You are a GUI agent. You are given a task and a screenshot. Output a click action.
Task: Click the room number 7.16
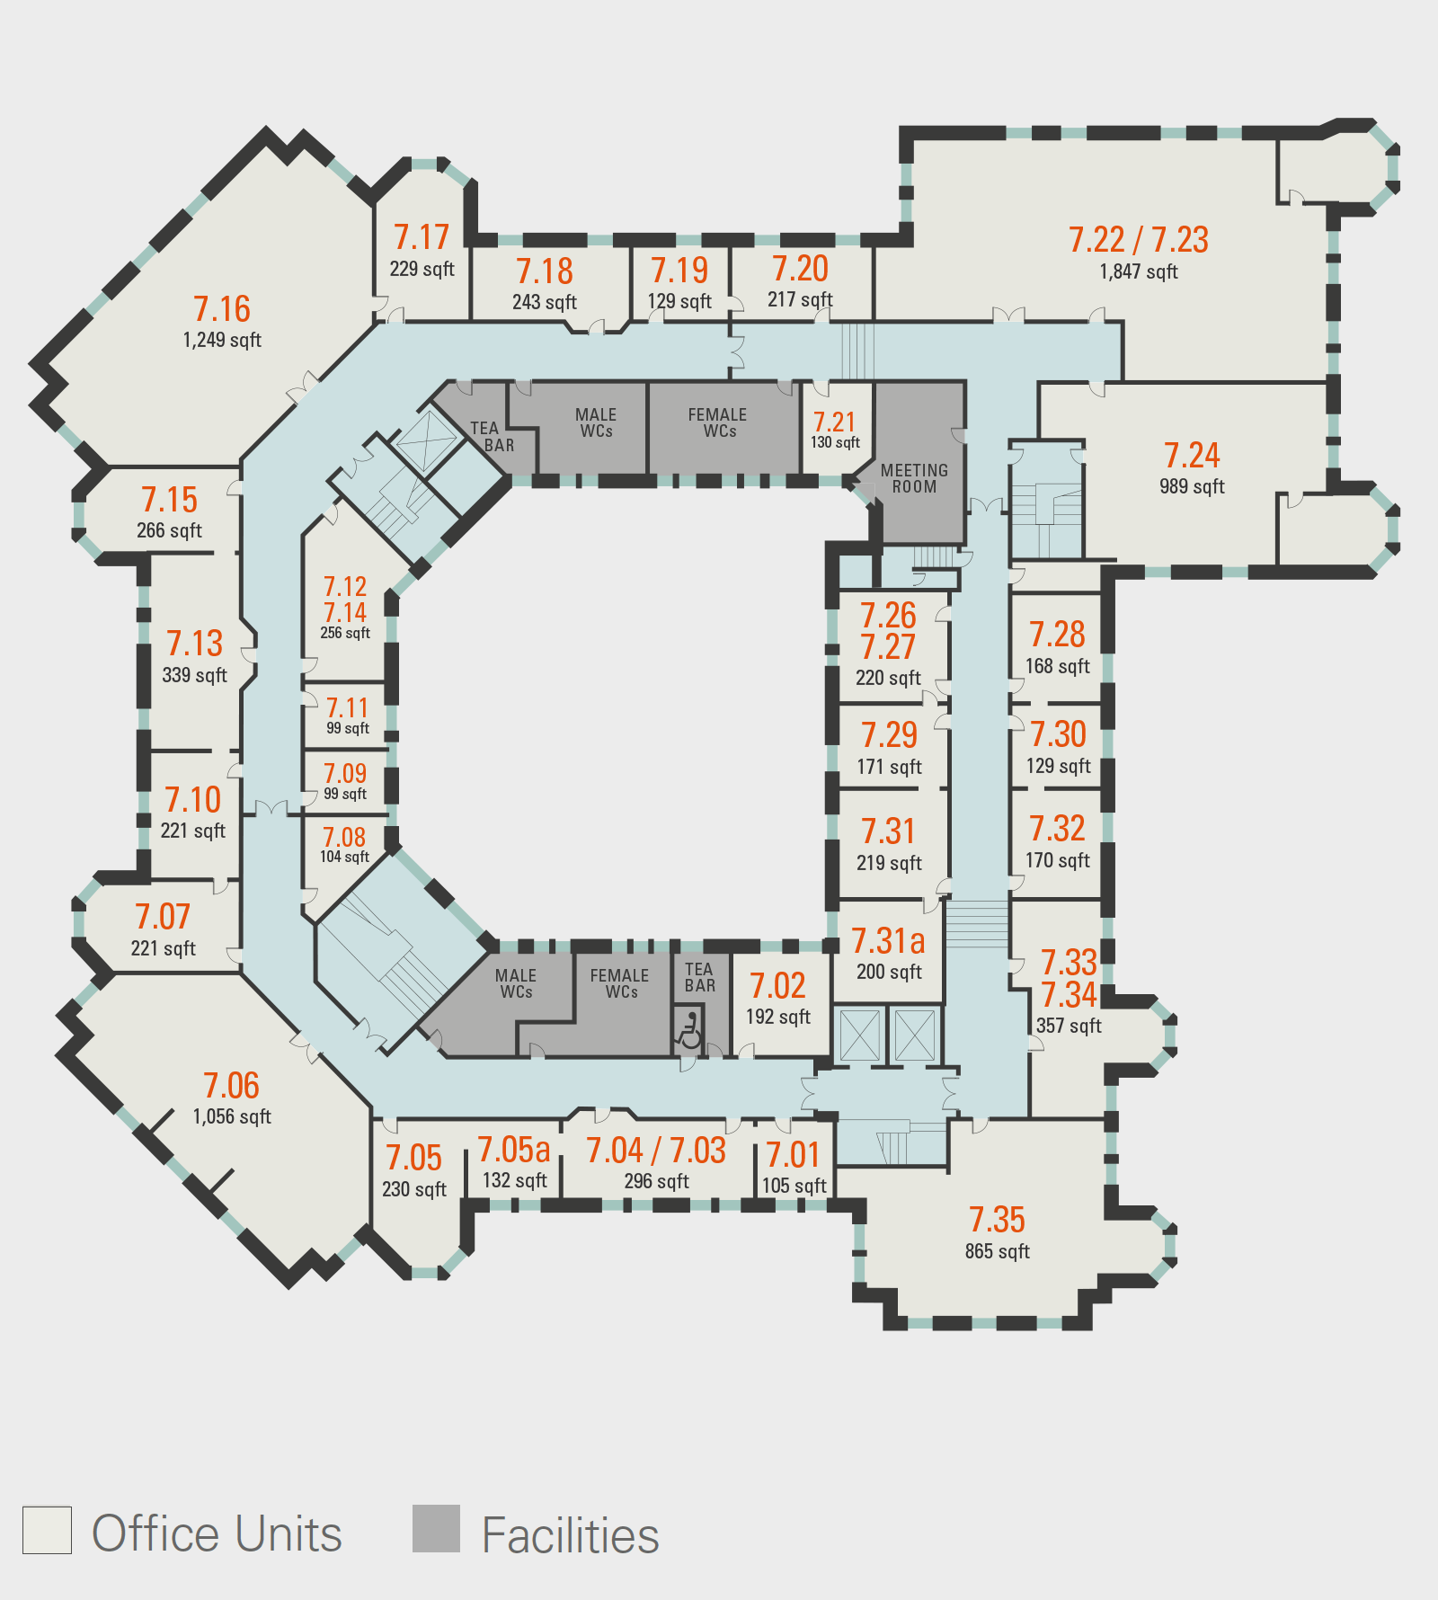[222, 309]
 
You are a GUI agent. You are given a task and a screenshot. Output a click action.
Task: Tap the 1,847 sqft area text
[1139, 271]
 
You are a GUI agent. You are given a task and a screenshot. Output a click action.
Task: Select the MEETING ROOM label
[914, 478]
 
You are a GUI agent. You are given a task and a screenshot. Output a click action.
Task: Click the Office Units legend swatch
[47, 1529]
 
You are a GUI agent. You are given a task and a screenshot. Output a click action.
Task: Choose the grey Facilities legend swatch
[436, 1528]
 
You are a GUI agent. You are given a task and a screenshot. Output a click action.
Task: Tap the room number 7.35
[997, 1220]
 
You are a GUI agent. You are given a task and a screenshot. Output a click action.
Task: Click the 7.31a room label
[888, 941]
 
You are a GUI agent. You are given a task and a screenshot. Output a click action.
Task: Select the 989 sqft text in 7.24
[1192, 486]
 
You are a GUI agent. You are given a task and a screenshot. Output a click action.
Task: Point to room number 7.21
[834, 422]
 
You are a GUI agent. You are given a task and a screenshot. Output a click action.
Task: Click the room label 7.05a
[513, 1150]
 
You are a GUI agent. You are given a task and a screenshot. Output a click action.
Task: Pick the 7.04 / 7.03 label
[656, 1151]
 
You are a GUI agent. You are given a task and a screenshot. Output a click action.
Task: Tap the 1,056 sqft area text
[232, 1116]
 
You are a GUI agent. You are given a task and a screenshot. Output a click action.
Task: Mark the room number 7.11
[347, 708]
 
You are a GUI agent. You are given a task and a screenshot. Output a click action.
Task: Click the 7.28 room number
[1058, 635]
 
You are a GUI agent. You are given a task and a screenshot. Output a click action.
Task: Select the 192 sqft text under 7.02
[778, 1017]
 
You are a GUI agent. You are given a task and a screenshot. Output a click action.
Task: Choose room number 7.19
[679, 271]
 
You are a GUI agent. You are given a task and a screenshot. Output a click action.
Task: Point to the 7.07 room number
[163, 917]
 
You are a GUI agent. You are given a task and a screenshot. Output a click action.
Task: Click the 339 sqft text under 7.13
[195, 675]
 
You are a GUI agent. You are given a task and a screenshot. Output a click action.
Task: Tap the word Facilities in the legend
[571, 1535]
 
